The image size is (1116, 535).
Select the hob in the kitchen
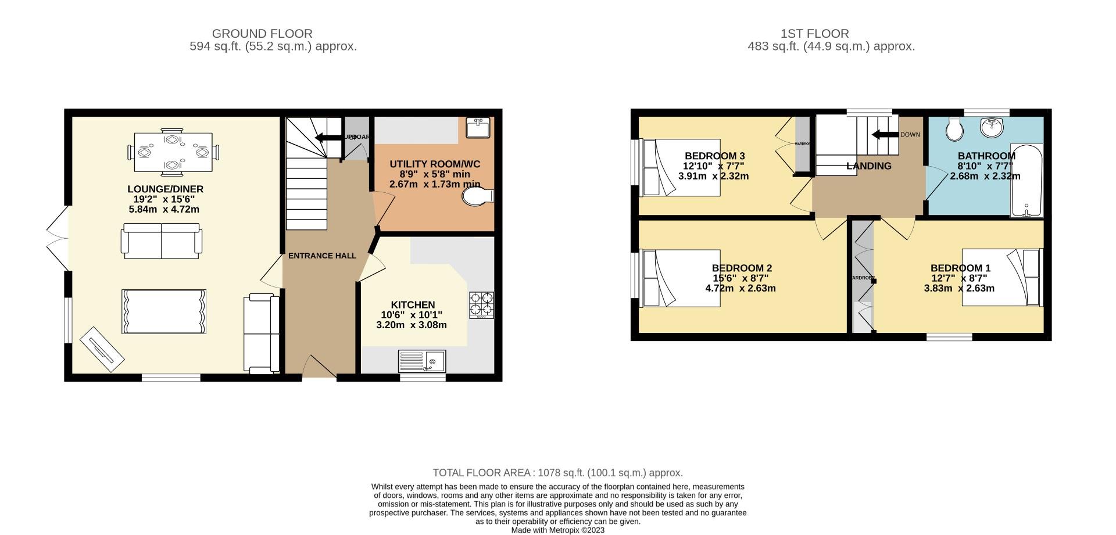point(481,304)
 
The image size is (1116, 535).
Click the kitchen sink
point(421,361)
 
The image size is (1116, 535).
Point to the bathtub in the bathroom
point(1027,181)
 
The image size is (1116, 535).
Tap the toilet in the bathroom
point(954,129)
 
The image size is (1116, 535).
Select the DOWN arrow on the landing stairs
point(885,135)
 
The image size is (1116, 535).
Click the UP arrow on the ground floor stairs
point(328,137)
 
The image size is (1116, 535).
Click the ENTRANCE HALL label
point(322,256)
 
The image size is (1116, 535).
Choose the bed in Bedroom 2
point(681,278)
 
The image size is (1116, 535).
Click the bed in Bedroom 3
point(681,167)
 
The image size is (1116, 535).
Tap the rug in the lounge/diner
point(163,311)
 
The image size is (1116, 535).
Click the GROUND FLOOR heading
point(262,34)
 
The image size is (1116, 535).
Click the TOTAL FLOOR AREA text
point(557,473)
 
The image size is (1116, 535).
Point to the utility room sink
point(478,128)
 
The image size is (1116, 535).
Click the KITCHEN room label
point(413,305)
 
